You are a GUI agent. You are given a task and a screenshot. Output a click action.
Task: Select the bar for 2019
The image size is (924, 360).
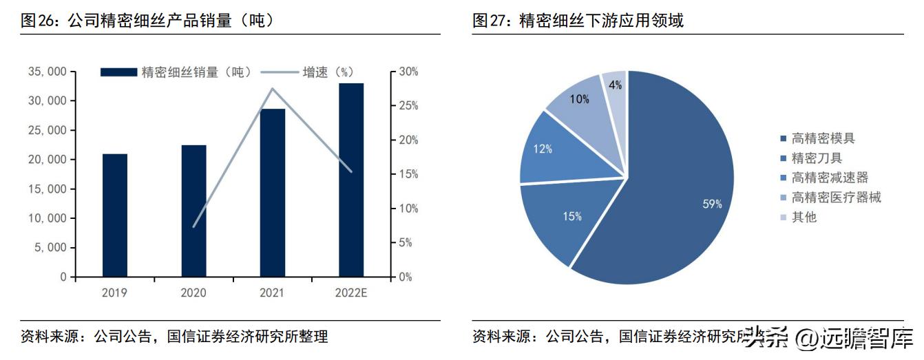coord(115,215)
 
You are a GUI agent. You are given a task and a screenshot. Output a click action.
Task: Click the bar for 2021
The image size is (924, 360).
coord(273,193)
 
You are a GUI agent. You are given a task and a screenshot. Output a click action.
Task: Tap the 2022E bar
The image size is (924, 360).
coord(351,180)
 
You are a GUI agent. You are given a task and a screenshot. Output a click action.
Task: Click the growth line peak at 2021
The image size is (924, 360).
coord(273,88)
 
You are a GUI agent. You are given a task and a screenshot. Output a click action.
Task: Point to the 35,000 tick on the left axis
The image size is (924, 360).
coord(48,72)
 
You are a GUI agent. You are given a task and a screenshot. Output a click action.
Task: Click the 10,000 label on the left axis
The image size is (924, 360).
coord(48,218)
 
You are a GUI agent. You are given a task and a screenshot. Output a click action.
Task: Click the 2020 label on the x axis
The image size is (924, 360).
coord(193,293)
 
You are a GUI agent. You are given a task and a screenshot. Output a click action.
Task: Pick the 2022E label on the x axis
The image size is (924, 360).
coord(351,293)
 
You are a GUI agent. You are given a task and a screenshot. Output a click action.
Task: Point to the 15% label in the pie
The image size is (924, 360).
coord(571,216)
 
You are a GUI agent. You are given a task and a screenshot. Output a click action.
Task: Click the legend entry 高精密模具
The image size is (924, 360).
coord(823,138)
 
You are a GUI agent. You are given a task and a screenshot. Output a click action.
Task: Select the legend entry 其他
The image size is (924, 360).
coord(804,217)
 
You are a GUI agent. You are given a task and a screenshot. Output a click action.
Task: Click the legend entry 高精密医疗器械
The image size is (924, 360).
coord(836,198)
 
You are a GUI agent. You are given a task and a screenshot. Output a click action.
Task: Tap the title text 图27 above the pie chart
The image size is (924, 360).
coord(490,21)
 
